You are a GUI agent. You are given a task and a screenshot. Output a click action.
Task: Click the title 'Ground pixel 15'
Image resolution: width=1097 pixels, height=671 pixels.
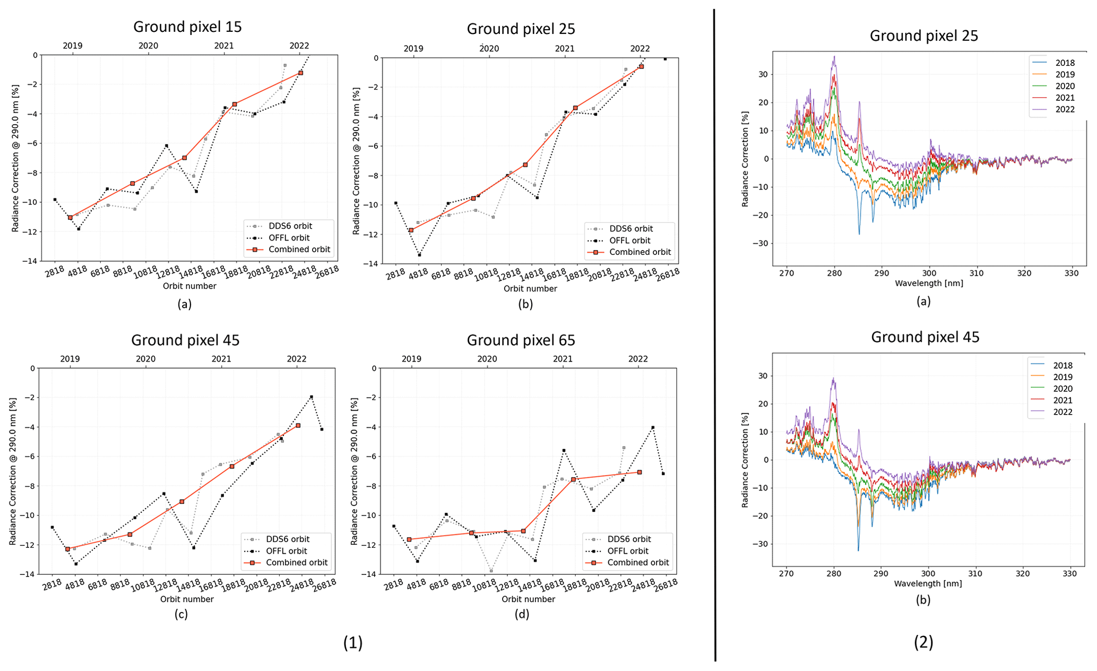(187, 27)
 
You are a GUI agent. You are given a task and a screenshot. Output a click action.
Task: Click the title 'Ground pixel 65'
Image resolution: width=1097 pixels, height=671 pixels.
(521, 340)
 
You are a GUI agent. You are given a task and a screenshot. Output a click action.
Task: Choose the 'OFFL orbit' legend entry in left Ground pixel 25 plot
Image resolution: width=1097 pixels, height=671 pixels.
(629, 240)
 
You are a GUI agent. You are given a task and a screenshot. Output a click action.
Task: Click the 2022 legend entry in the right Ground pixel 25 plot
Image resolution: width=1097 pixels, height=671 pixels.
(1065, 109)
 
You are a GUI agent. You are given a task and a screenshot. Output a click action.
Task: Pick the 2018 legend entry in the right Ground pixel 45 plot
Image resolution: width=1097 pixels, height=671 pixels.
(1063, 365)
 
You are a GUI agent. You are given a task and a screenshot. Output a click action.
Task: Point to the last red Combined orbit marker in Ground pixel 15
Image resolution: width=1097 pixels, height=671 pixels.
(300, 73)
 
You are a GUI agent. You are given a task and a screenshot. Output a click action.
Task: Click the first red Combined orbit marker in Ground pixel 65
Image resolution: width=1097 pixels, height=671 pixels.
(409, 539)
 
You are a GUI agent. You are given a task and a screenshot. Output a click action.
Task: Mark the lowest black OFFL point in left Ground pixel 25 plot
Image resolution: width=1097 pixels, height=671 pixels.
(419, 255)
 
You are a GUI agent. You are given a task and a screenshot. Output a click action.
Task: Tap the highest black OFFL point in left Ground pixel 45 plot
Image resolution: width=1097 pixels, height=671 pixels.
(311, 397)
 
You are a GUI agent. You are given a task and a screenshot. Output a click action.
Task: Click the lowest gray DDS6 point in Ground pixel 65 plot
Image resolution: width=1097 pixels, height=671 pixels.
(491, 571)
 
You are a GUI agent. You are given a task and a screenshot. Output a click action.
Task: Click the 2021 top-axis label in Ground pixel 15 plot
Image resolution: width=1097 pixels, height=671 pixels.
(224, 46)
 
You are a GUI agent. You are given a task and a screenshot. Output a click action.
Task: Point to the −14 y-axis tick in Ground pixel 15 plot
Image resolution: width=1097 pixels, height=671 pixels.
(31, 261)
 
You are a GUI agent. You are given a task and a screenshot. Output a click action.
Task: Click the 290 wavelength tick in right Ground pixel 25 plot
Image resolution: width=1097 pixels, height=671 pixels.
(882, 273)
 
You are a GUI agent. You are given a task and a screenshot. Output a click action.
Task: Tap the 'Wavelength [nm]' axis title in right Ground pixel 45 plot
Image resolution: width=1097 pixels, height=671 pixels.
(928, 583)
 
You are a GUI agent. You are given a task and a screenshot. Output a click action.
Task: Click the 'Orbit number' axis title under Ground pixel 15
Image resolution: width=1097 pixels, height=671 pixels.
(189, 286)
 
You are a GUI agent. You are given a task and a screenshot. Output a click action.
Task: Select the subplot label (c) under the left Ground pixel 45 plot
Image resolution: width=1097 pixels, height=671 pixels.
(181, 614)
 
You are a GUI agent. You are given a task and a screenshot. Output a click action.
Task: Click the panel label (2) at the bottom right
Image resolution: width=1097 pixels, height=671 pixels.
(923, 642)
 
